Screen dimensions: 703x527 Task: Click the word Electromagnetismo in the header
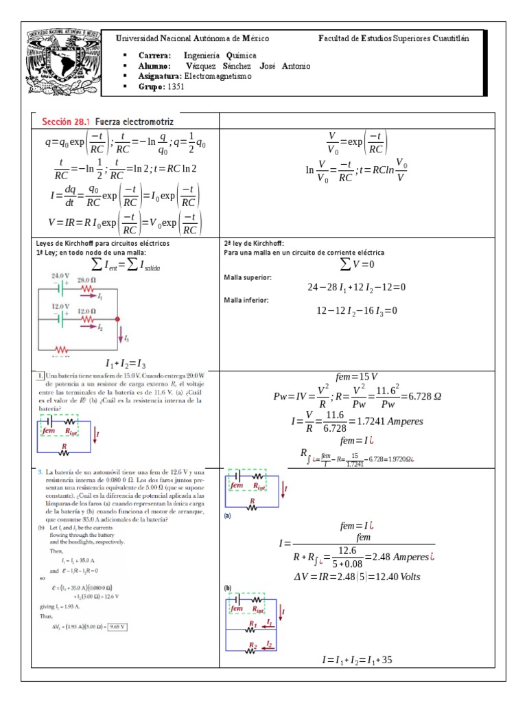[x=218, y=76]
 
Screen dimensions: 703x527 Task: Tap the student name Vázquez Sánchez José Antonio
[x=247, y=66]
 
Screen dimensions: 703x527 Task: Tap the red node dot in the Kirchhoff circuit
[x=117, y=319]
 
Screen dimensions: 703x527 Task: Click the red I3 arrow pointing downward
[x=119, y=335]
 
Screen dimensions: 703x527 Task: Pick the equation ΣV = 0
[x=357, y=264]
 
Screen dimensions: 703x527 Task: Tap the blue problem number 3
[x=40, y=472]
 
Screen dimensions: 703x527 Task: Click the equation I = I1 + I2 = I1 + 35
[x=357, y=660]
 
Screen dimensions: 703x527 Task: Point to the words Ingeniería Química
[x=220, y=56]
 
